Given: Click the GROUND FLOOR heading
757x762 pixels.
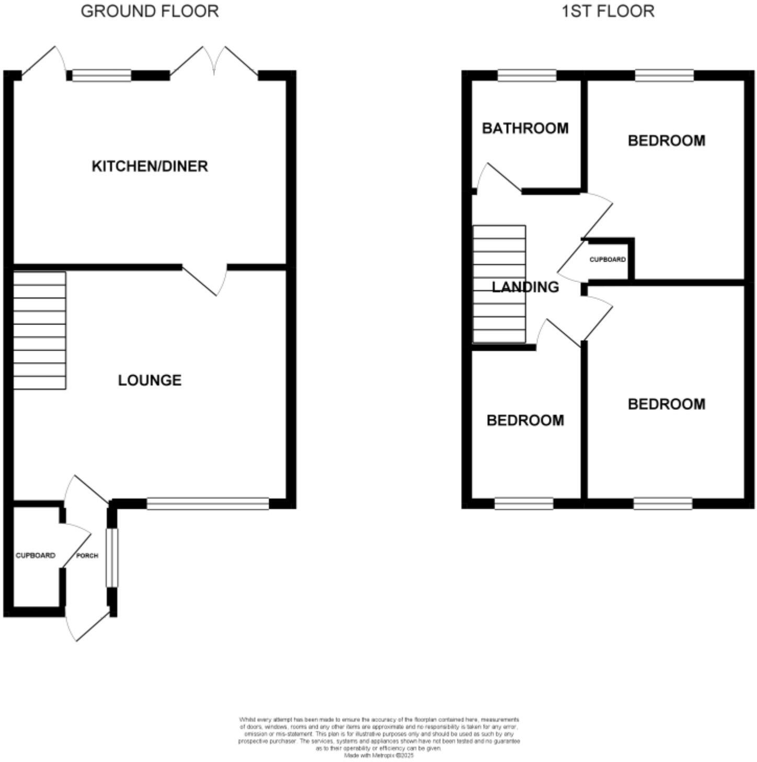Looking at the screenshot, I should pyautogui.click(x=150, y=11).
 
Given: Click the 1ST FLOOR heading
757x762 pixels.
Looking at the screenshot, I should pyautogui.click(x=607, y=11).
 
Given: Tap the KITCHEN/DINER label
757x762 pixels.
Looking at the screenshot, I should pyautogui.click(x=150, y=166).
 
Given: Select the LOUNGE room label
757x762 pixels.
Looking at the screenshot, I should pyautogui.click(x=150, y=380).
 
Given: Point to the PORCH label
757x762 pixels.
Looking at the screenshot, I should pyautogui.click(x=87, y=555).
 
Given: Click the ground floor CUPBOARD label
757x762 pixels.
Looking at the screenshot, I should pyautogui.click(x=35, y=555).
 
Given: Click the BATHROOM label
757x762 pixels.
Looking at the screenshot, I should pyautogui.click(x=525, y=128).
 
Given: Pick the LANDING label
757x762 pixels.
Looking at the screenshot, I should pyautogui.click(x=525, y=287).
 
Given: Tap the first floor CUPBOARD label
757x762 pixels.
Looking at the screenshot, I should pyautogui.click(x=607, y=260).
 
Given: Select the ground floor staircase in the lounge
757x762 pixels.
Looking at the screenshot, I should pyautogui.click(x=39, y=330).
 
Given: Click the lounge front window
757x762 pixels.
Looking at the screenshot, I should pyautogui.click(x=208, y=504).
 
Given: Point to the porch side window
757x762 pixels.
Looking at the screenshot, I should pyautogui.click(x=112, y=557).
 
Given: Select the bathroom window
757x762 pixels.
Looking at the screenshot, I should pyautogui.click(x=526, y=76).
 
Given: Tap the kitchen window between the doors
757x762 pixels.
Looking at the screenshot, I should pyautogui.click(x=101, y=76).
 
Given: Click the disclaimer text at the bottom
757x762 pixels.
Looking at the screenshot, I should pyautogui.click(x=378, y=737).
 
